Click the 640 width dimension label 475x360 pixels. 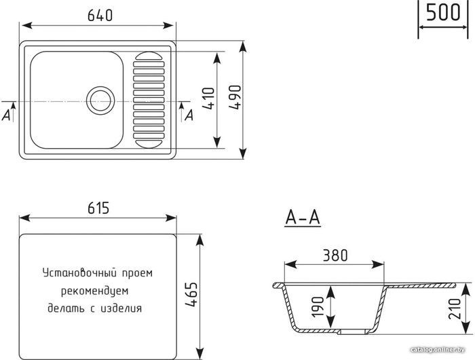100,15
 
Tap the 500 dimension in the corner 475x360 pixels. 443,12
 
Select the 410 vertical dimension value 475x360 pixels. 208,98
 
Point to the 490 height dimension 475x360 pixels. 235,97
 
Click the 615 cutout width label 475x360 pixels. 98,208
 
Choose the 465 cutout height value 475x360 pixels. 191,295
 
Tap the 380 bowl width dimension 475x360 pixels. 335,255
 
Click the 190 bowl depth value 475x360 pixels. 318,307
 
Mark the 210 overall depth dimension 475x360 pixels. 455,308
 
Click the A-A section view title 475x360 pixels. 303,217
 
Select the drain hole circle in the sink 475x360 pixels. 100,101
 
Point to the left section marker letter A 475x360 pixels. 6,115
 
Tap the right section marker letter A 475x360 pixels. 189,115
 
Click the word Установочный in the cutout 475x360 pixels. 79,273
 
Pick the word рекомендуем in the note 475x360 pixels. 95,291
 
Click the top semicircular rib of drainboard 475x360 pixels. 149,56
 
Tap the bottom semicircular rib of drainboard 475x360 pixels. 149,144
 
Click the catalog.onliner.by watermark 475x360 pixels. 438,350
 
